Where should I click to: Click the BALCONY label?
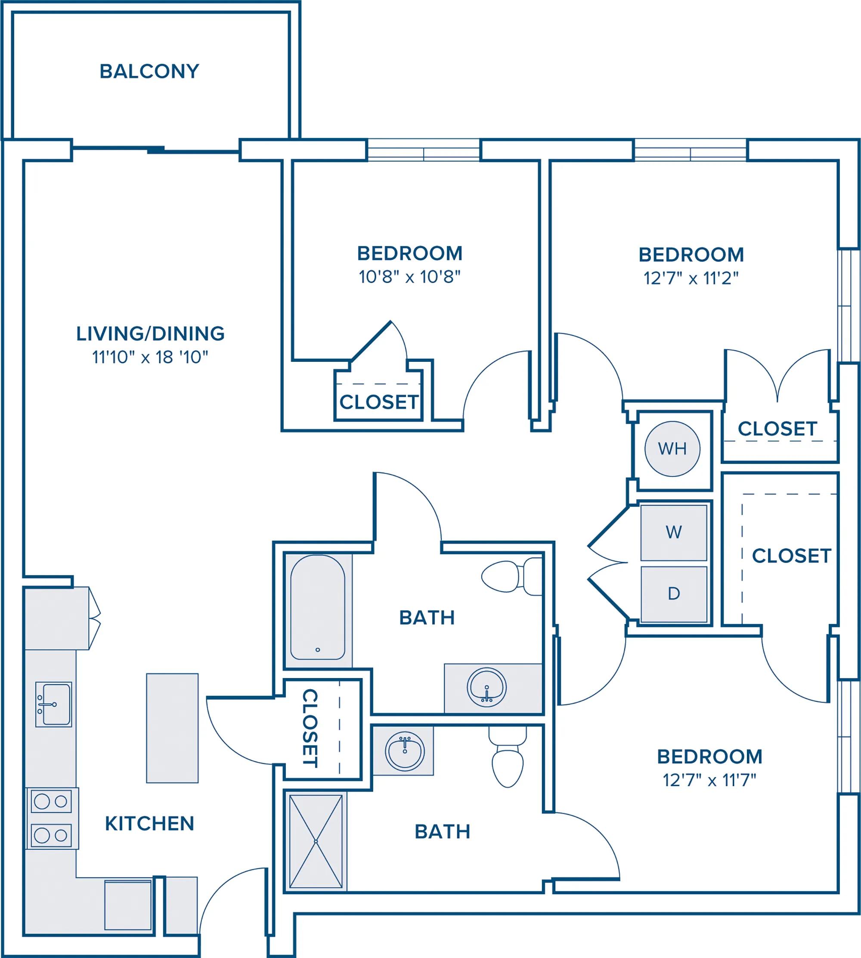(x=149, y=72)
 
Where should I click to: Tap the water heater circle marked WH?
(x=672, y=448)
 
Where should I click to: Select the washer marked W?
(x=674, y=532)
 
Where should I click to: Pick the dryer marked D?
(x=674, y=594)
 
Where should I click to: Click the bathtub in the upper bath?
(x=317, y=607)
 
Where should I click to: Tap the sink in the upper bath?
(x=487, y=687)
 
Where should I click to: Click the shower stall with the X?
(x=316, y=841)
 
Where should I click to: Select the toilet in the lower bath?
(x=508, y=757)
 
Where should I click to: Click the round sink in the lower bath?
(x=405, y=751)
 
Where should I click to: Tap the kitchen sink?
(x=53, y=704)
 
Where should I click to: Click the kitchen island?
(x=172, y=728)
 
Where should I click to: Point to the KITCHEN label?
(x=149, y=824)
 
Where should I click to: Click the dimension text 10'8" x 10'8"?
(x=410, y=277)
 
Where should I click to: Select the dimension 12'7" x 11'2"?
(x=691, y=278)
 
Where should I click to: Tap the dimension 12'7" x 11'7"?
(x=709, y=780)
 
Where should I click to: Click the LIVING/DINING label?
(x=150, y=334)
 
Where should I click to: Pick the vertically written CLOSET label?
(x=310, y=728)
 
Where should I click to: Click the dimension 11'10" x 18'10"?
(x=150, y=357)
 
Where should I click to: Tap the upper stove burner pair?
(x=51, y=801)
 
